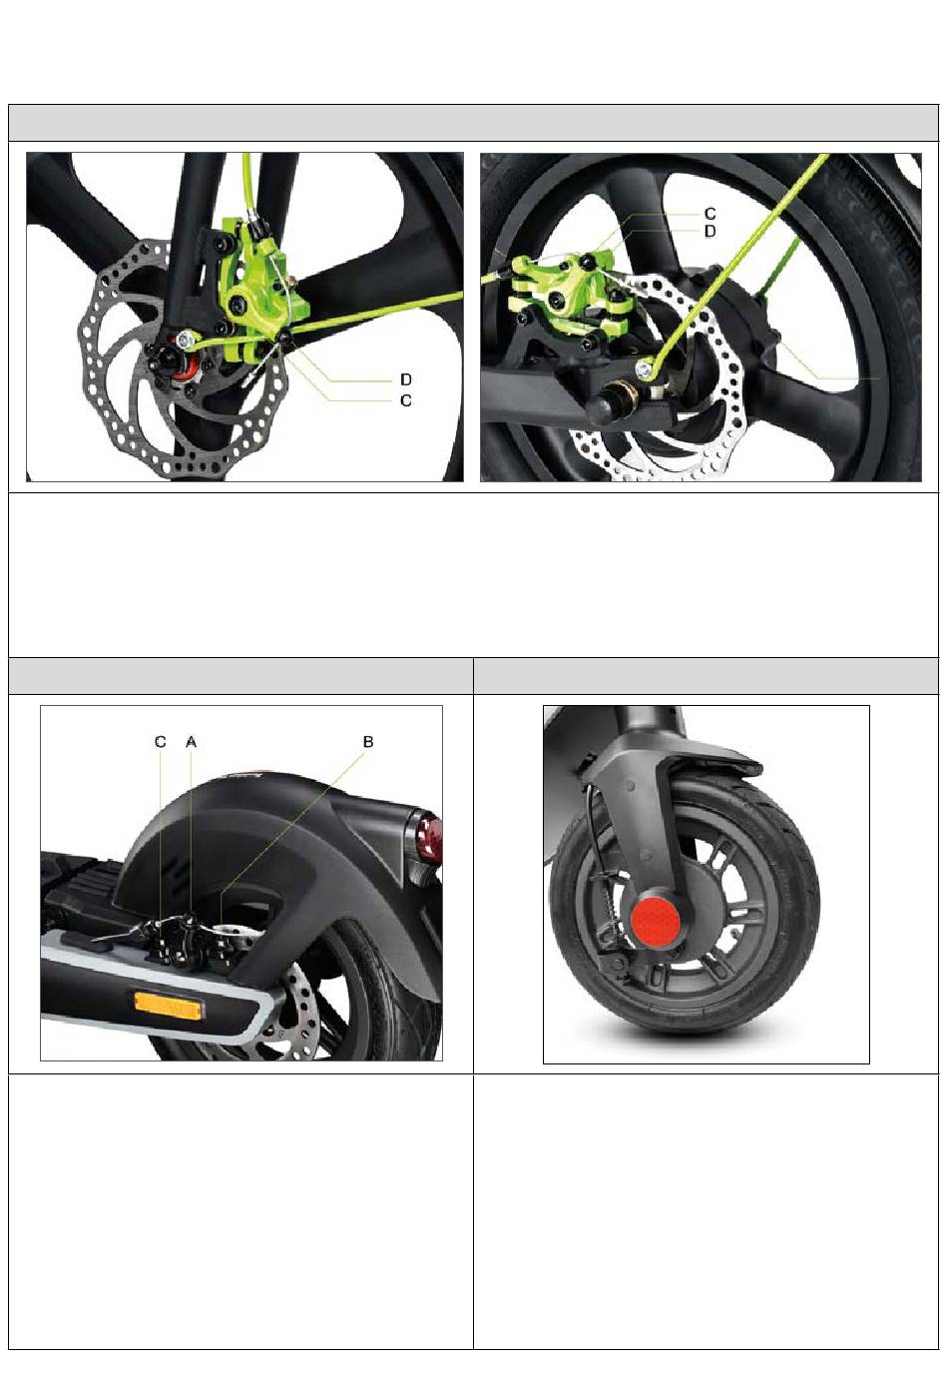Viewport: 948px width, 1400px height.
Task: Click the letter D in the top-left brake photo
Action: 406,379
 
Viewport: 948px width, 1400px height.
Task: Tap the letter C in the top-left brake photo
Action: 406,400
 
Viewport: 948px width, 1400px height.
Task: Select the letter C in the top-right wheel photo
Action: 710,215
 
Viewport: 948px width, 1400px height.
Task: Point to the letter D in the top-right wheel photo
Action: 710,232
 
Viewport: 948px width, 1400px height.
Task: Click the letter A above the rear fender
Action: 192,742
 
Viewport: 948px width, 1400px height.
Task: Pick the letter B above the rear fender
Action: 368,742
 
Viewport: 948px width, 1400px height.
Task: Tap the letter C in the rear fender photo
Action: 161,742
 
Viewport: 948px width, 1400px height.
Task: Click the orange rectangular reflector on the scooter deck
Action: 170,1004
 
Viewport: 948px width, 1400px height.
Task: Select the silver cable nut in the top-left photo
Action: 185,341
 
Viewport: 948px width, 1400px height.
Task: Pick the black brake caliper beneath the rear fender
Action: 188,939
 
